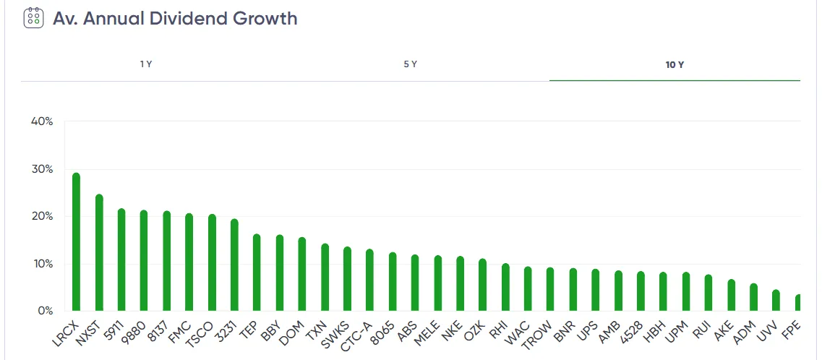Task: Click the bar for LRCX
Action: [76, 242]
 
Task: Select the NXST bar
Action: [99, 253]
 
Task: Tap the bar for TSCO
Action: [212, 263]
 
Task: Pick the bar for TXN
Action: [325, 278]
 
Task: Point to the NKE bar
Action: [460, 284]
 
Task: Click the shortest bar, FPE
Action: [798, 303]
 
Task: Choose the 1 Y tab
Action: [146, 64]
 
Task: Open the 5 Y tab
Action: [410, 64]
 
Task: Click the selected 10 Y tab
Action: [675, 64]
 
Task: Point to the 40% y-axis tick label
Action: [42, 121]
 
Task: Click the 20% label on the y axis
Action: [42, 216]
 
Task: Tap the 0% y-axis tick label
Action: [45, 311]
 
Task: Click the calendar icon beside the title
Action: [33, 17]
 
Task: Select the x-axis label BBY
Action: [271, 328]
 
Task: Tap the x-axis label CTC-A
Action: [357, 333]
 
